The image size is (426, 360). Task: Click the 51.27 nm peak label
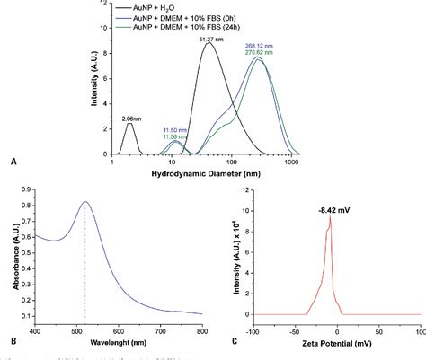211,39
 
